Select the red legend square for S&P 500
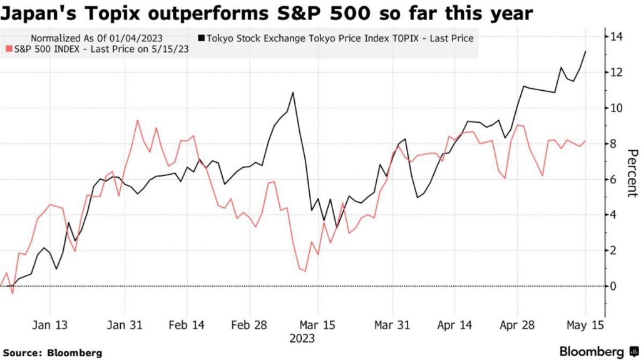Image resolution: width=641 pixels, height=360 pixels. pos(8,49)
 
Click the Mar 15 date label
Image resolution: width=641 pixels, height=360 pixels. pos(318,326)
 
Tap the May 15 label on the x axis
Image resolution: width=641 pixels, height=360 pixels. pos(585,326)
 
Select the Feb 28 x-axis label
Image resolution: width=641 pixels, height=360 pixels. pos(250,326)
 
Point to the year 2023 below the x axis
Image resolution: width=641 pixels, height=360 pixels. pos(302,339)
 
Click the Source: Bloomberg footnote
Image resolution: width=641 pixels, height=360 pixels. pos(52,353)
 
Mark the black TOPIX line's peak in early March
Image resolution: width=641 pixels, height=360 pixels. pos(293,93)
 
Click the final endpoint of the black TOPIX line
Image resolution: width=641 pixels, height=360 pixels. pos(586,51)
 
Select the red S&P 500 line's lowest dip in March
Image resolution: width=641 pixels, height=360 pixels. pos(304,271)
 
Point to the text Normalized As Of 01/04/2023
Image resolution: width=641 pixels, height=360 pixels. pos(96,39)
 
